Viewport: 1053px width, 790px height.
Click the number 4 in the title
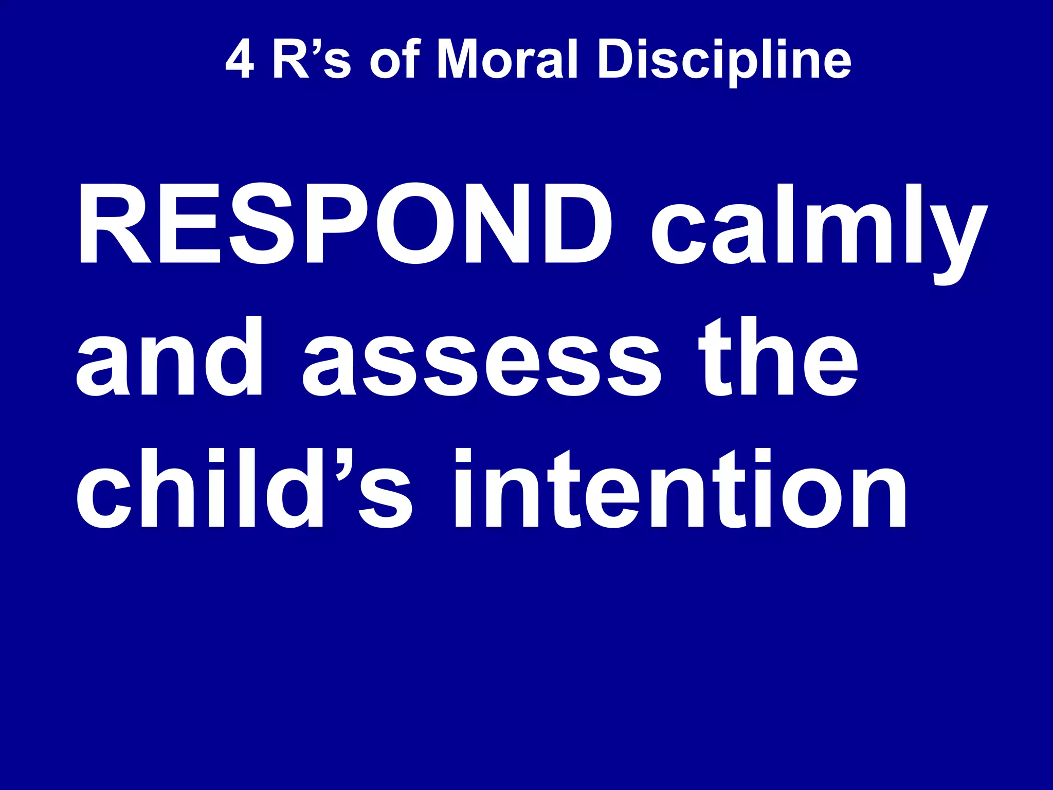coord(240,60)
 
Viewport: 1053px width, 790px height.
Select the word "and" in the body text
coord(170,356)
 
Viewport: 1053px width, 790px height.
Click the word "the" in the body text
coord(778,356)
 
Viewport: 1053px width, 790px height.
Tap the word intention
coord(681,489)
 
